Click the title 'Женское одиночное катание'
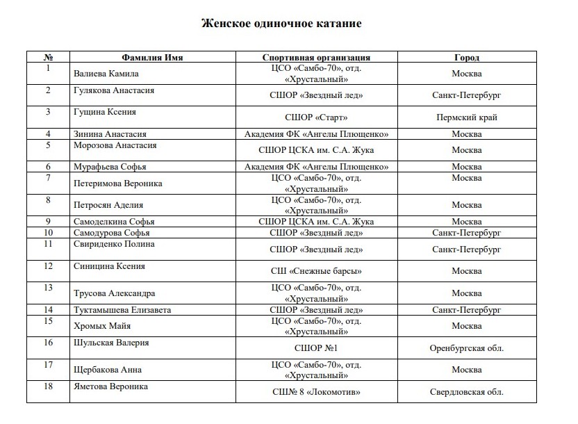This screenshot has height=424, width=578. (281, 24)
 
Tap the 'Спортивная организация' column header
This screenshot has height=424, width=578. (316, 58)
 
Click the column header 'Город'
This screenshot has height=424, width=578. (466, 58)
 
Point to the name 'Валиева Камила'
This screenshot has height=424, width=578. (106, 74)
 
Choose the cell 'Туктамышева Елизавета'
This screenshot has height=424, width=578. (122, 309)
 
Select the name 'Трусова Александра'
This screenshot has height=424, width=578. (114, 293)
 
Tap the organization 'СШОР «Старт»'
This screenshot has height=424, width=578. (316, 117)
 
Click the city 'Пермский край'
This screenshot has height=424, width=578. (466, 117)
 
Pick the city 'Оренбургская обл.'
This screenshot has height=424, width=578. (466, 348)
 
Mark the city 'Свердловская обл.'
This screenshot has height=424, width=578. (466, 392)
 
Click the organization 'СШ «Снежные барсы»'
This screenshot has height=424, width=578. (316, 271)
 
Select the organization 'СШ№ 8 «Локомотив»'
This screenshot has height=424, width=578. (316, 392)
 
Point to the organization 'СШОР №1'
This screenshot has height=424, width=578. (316, 348)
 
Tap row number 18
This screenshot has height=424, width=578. (49, 386)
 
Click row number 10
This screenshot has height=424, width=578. (49, 233)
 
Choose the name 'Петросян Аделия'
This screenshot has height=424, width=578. (108, 205)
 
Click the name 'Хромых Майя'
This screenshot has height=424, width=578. (102, 326)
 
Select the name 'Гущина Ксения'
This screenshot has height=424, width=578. (105, 111)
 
